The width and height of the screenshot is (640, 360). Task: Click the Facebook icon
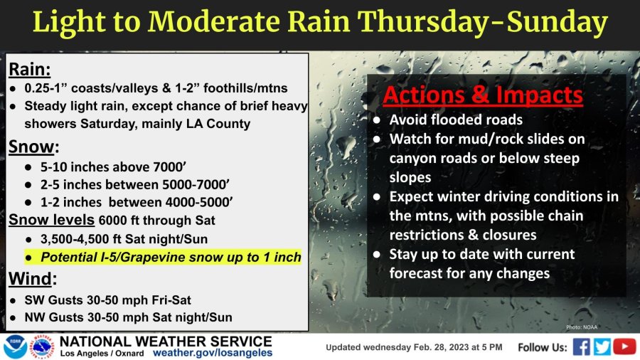click(x=581, y=347)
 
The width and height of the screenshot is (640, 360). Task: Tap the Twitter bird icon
click(x=602, y=347)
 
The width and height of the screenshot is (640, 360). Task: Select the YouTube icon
click(x=624, y=346)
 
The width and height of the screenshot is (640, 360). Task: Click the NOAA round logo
click(x=15, y=347)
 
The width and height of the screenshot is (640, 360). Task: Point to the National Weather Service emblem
click(x=43, y=346)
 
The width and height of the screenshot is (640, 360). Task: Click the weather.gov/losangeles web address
click(x=212, y=353)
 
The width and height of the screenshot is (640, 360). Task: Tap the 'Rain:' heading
click(x=29, y=70)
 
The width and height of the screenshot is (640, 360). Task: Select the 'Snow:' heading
click(x=33, y=147)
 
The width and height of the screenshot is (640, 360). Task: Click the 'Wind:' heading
click(x=33, y=279)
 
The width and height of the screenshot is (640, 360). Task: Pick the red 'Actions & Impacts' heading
click(x=482, y=95)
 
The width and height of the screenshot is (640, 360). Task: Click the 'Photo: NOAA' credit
click(x=581, y=327)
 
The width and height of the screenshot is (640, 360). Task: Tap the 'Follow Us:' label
click(x=543, y=347)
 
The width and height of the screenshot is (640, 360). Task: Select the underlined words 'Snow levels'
click(x=51, y=220)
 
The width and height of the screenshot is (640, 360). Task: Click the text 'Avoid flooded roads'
click(x=456, y=120)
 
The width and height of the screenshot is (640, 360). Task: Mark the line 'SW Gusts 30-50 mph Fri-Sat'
click(x=107, y=300)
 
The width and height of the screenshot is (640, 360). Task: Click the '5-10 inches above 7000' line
click(x=113, y=166)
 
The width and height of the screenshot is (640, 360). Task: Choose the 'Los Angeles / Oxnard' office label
click(x=102, y=354)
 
